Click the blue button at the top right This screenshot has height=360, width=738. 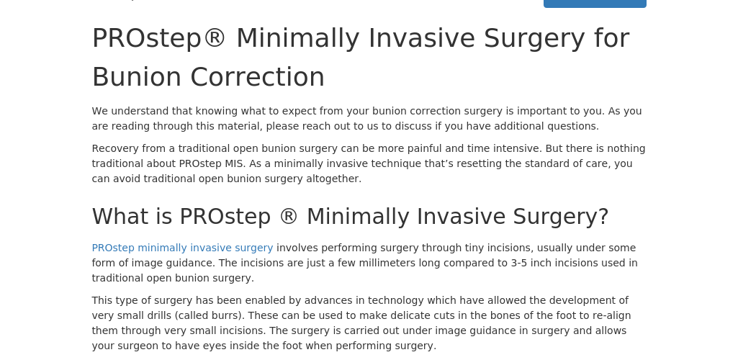595,4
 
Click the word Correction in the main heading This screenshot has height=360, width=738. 258,77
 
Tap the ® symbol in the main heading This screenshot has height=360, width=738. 215,38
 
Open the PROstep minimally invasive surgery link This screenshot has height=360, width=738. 182,248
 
